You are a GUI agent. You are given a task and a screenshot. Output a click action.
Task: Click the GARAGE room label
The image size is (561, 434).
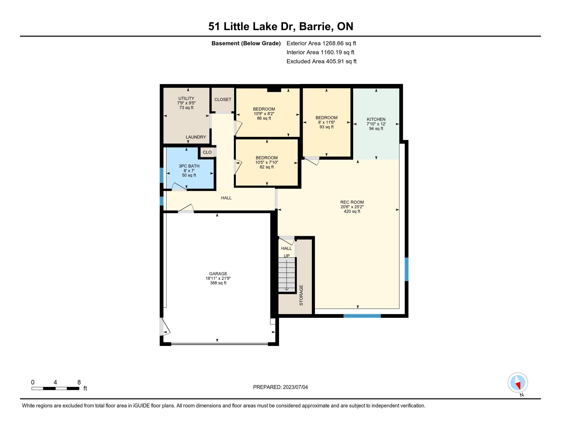click(x=218, y=274)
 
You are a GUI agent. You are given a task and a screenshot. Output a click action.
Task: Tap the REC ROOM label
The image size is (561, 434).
click(x=352, y=202)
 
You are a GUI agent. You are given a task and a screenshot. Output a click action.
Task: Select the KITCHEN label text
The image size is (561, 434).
click(x=376, y=119)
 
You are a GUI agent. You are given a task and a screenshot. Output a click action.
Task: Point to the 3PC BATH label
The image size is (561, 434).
click(x=189, y=166)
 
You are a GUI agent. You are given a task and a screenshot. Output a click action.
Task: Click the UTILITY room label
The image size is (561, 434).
click(x=186, y=99)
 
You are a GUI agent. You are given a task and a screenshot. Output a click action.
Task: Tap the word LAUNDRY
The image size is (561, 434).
click(x=196, y=137)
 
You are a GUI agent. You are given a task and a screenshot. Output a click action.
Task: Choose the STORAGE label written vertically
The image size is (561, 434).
click(x=301, y=295)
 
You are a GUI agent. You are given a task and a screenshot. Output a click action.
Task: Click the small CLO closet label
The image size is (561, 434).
click(x=207, y=152)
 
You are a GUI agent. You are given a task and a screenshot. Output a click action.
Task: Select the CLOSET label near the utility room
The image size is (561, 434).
click(x=223, y=100)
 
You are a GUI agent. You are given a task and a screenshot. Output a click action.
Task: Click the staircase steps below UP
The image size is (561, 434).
click(x=287, y=275)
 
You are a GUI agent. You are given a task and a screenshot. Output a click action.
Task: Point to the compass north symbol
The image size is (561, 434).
click(x=518, y=383)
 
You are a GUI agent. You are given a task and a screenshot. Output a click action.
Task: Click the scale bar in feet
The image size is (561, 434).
click(x=55, y=389)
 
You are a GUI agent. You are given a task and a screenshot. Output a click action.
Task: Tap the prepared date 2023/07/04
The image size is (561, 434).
click(x=295, y=387)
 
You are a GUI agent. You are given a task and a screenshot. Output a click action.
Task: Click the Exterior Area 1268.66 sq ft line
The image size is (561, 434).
click(x=321, y=43)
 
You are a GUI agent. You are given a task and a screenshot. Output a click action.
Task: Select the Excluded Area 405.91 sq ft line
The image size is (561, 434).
click(x=322, y=61)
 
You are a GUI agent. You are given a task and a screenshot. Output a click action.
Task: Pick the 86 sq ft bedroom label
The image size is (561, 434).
click(x=264, y=118)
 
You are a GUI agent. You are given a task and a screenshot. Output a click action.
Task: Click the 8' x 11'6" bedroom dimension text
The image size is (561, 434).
click(x=326, y=122)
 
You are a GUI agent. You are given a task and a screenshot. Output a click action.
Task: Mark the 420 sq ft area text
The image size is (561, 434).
click(x=352, y=211)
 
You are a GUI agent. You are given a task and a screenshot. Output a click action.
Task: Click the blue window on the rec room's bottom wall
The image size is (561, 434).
click(x=362, y=316)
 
